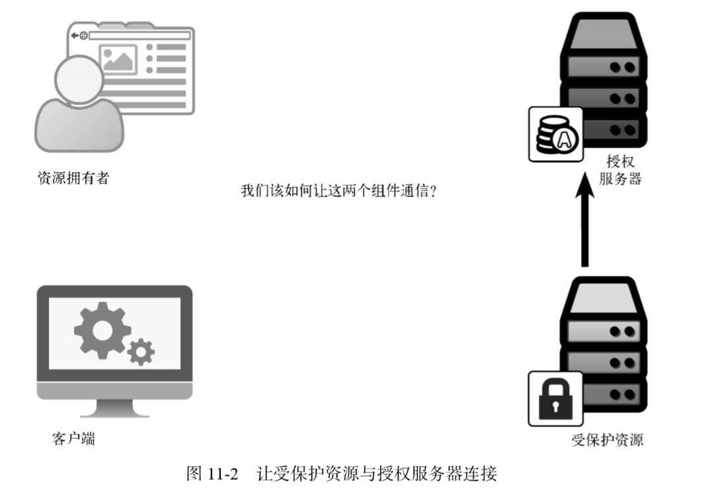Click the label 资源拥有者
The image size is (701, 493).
pyautogui.click(x=73, y=178)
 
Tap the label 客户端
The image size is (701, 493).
pyautogui.click(x=73, y=437)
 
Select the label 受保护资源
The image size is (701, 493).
pyautogui.click(x=607, y=440)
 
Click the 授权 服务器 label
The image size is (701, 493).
pyautogui.click(x=620, y=170)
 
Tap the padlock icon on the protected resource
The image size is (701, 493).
pyautogui.click(x=555, y=398)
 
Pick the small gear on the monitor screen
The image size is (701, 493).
pyautogui.click(x=140, y=352)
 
